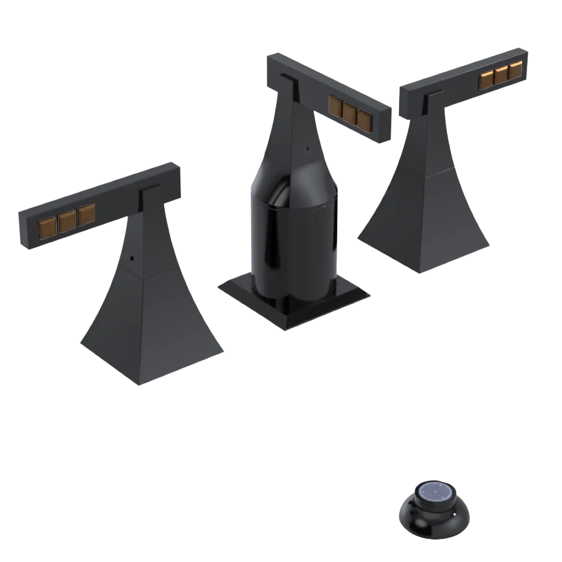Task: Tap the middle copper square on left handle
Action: click(x=66, y=220)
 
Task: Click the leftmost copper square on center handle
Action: click(x=337, y=106)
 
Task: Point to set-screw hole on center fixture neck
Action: click(x=306, y=149)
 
